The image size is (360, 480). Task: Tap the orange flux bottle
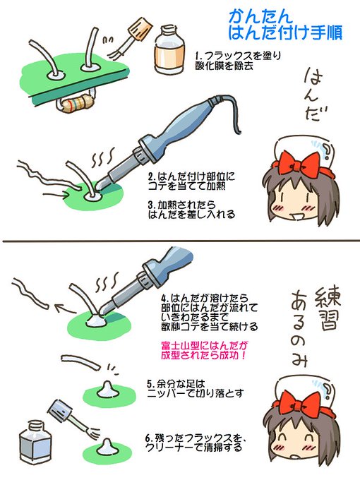166,50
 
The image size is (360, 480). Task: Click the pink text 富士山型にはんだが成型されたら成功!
210,351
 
